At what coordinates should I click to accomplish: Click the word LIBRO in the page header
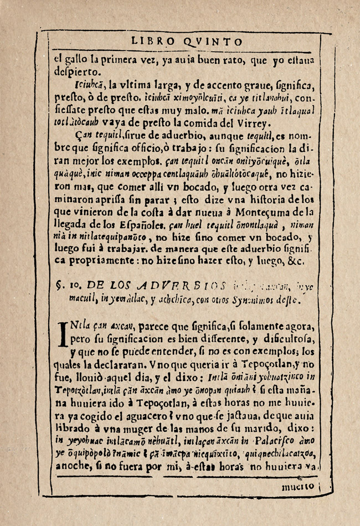(151, 42)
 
